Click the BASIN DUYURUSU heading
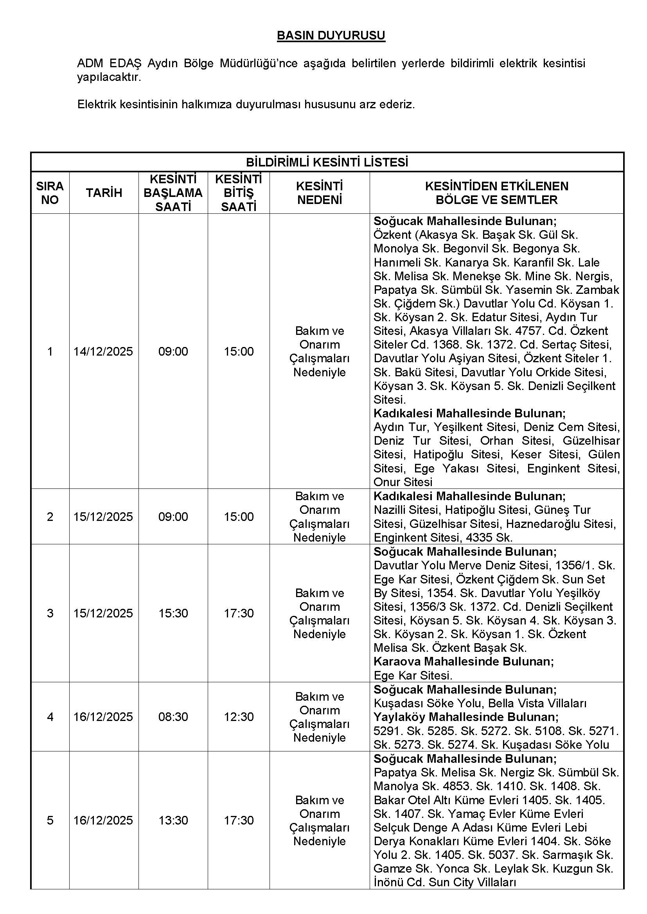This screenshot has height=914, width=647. (331, 36)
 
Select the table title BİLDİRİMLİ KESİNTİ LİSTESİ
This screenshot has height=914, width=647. (327, 163)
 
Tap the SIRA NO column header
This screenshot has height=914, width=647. (50, 193)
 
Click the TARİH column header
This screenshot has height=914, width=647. (104, 193)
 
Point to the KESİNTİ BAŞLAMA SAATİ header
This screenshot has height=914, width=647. (173, 193)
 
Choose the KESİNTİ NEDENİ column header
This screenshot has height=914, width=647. (319, 193)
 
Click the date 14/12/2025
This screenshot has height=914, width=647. (103, 352)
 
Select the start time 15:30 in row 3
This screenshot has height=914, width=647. (173, 613)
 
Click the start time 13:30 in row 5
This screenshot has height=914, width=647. (173, 820)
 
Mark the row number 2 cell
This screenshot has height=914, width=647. (50, 517)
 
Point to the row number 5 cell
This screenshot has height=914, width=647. (50, 820)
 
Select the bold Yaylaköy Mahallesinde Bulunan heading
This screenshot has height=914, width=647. (466, 717)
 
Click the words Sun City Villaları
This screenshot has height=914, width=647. (472, 883)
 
